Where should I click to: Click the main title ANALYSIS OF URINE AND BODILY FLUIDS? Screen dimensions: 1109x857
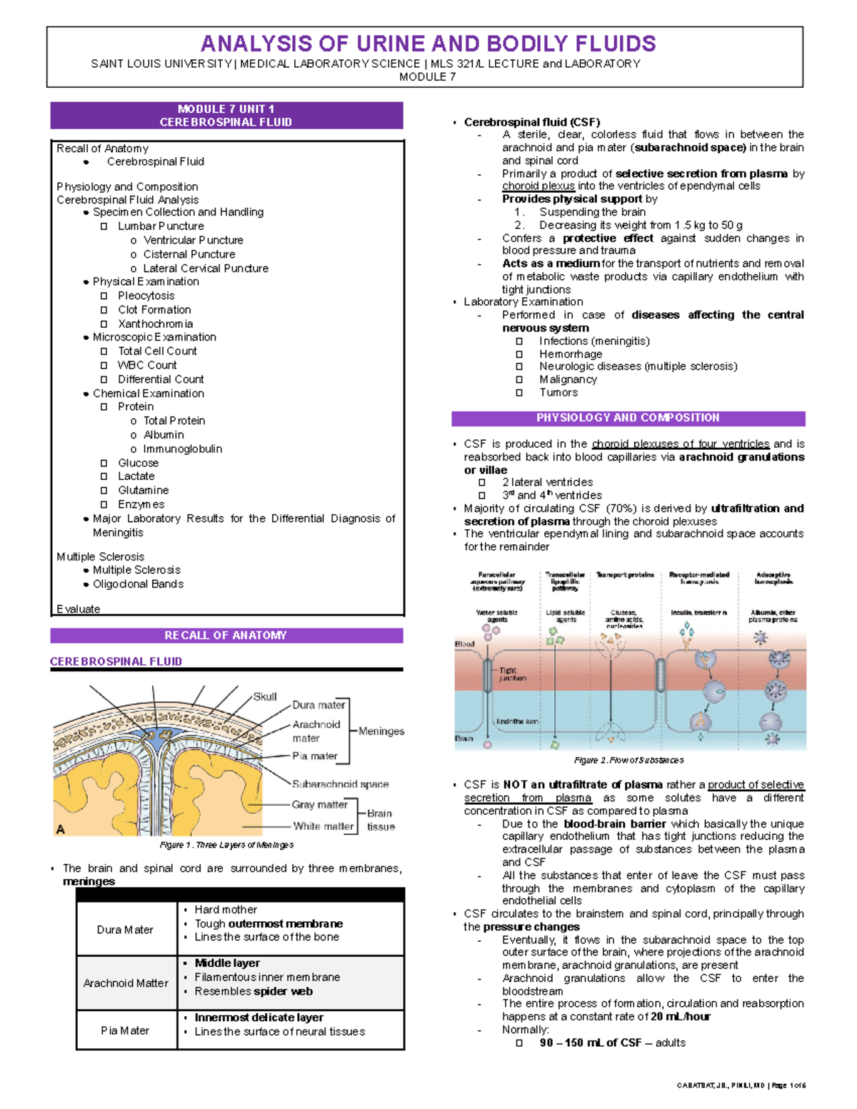coord(428,44)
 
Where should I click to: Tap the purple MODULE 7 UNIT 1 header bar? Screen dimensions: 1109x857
coord(226,116)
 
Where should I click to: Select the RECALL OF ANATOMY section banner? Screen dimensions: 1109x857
coord(226,636)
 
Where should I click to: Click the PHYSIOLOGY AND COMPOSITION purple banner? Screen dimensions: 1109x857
coord(628,418)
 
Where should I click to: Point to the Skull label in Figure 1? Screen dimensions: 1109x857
coord(265,696)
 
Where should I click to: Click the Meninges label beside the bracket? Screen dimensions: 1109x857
coord(381,731)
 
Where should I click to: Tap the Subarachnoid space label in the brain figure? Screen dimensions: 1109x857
coord(340,784)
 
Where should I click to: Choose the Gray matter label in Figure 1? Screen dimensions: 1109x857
coord(319,805)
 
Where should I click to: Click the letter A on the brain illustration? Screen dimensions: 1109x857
coord(61,829)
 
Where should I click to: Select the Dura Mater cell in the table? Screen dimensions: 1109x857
coord(125,930)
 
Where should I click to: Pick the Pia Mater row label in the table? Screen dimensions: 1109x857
coord(125,1030)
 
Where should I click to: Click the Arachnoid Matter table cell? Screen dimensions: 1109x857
coord(126,983)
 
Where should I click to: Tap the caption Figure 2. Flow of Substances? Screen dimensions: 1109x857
coord(629,761)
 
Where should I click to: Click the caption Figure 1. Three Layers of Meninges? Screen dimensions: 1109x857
coord(226,845)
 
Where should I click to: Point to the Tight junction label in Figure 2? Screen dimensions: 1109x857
coord(512,674)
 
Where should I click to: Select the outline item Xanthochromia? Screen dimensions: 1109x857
coord(155,324)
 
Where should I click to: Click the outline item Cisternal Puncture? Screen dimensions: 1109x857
coord(189,254)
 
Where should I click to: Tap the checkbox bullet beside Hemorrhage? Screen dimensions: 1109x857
coord(519,354)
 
